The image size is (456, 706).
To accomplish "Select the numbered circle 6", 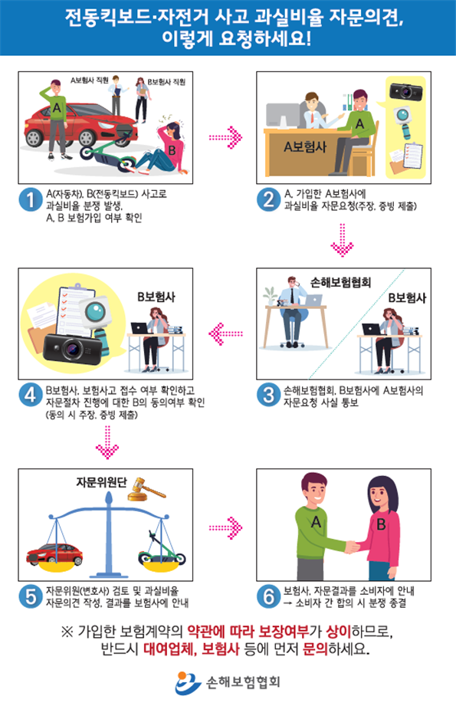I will tap(268, 594).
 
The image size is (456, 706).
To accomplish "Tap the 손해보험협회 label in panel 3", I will tap(341, 281).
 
